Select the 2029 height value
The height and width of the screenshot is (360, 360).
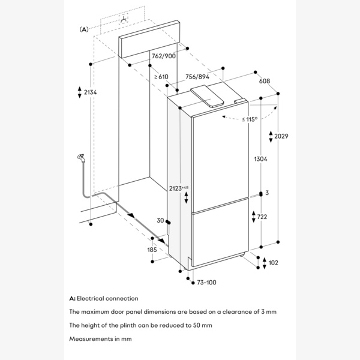click(x=282, y=137)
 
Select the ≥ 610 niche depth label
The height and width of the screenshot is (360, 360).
click(x=160, y=76)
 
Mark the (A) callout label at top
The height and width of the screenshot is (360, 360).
click(x=85, y=29)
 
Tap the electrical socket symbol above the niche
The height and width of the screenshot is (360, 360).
click(x=124, y=19)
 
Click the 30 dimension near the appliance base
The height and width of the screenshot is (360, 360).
click(x=160, y=221)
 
